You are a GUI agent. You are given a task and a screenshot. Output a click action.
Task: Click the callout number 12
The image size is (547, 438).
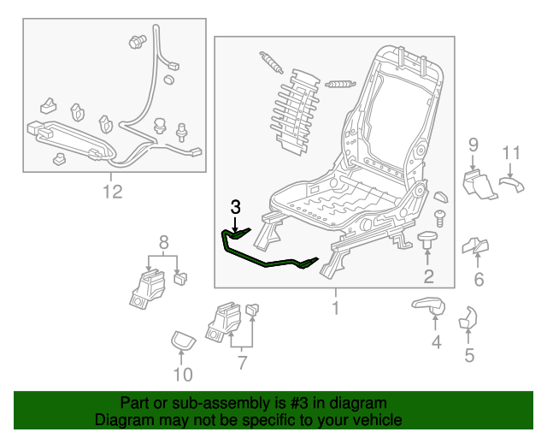pos(113,192)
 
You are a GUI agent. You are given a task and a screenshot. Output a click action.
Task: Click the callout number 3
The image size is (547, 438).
pos(236,206)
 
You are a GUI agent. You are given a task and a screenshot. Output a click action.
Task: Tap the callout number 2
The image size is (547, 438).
pos(428,275)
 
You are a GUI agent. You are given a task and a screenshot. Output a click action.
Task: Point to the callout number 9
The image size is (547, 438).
pos(473,147)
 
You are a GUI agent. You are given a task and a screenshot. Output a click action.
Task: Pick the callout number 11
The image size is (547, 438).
pos(510,153)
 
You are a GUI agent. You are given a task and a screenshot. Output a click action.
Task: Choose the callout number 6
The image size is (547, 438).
pos(479,279)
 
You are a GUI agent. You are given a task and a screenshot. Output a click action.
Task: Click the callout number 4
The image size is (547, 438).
pos(436,343)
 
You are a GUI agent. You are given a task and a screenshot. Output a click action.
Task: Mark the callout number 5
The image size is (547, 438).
pos(468,354)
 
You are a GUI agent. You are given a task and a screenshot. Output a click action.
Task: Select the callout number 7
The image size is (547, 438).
pos(242,363)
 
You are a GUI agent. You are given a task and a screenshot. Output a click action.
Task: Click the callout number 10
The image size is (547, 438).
pos(183,374)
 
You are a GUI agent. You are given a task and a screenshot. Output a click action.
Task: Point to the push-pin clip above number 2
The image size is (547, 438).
pos(427,240)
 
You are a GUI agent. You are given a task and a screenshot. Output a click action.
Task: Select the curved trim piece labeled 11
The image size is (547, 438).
pos(510,181)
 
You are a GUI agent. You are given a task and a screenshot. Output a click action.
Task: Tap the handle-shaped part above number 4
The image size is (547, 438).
pos(427,304)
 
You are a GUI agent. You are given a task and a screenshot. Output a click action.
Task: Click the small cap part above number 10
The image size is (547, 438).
pos(182,340)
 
